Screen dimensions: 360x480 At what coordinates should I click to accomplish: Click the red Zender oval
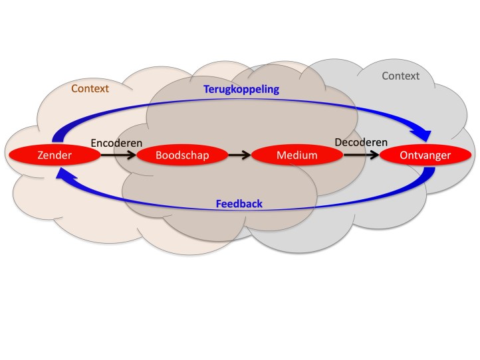(54, 155)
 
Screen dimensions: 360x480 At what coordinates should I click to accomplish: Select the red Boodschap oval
(181, 155)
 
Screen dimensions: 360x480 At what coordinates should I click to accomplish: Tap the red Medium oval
(297, 155)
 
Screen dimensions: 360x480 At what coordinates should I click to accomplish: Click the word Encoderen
(116, 142)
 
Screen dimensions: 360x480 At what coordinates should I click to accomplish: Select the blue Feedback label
(239, 203)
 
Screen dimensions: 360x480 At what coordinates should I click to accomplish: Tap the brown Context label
(90, 88)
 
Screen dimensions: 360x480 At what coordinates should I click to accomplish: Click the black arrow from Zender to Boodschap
(118, 155)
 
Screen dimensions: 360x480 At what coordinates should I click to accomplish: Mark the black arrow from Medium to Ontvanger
(360, 155)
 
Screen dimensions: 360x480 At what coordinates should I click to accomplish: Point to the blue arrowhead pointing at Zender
(62, 174)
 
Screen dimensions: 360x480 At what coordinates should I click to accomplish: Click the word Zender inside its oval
(54, 155)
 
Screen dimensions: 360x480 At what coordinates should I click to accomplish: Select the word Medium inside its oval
(297, 155)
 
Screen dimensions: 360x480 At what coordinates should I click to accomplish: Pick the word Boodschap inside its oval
(181, 155)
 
